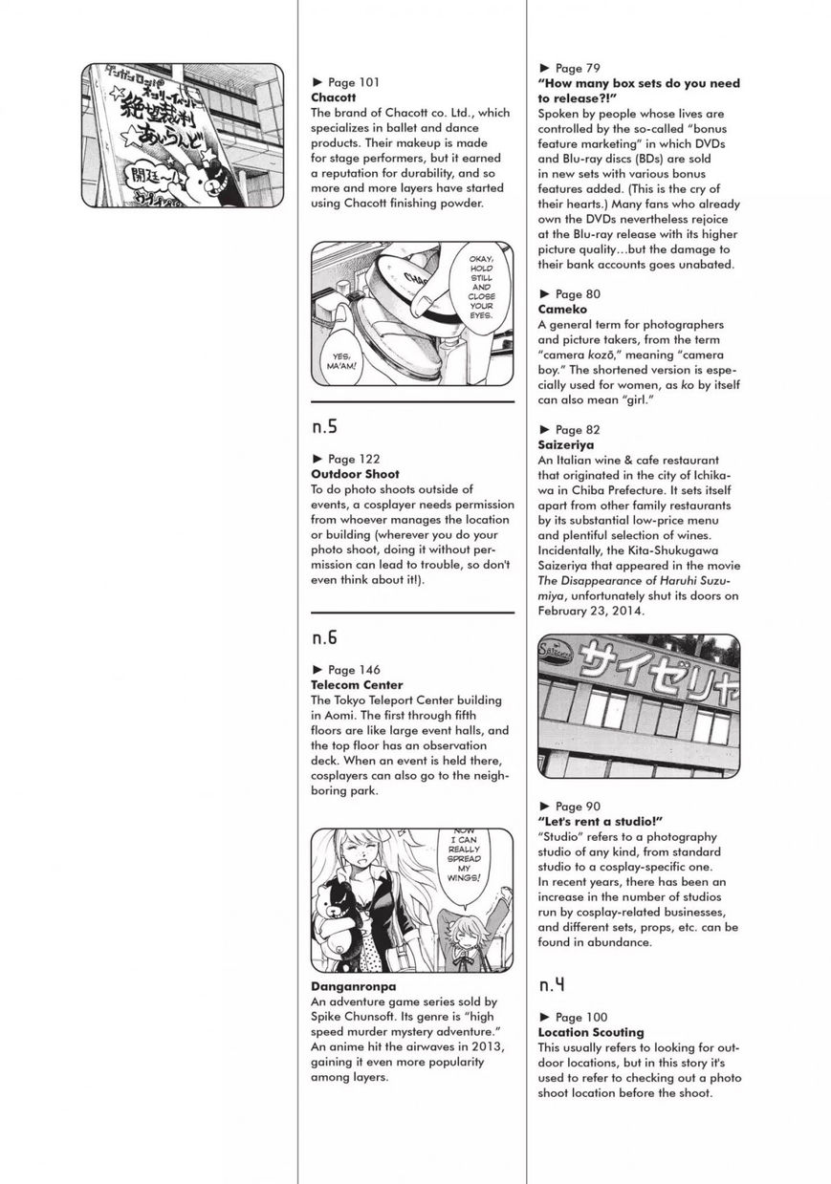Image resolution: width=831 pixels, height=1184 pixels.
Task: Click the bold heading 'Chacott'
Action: (333, 97)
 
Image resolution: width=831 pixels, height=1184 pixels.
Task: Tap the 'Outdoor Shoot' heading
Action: (355, 474)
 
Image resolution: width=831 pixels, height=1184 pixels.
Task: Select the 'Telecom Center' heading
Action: (357, 685)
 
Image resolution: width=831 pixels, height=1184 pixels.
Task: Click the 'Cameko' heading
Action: (562, 310)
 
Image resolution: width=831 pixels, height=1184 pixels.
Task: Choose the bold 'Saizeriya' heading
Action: (566, 445)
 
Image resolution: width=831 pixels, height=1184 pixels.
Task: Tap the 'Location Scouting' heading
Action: (591, 1032)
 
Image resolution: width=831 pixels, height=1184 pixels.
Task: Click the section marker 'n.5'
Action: (326, 427)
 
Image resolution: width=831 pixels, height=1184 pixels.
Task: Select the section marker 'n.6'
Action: (326, 637)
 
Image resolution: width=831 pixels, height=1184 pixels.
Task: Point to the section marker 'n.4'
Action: (554, 984)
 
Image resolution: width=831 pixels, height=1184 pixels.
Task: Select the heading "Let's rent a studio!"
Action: (601, 822)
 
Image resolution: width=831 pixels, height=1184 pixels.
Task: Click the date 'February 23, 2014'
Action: (592, 611)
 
